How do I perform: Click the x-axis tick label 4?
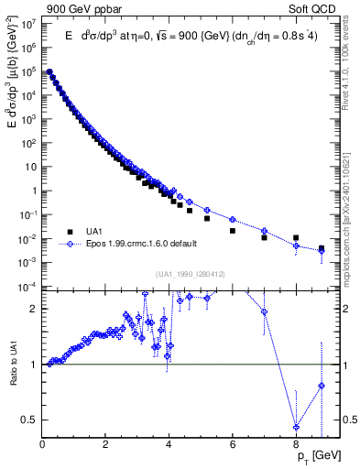pyautogui.click(x=169, y=445)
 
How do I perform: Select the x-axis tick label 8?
pyautogui.click(x=295, y=445)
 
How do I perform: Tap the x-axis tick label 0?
pyautogui.click(x=42, y=445)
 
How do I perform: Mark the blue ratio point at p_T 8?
pyautogui.click(x=296, y=427)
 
